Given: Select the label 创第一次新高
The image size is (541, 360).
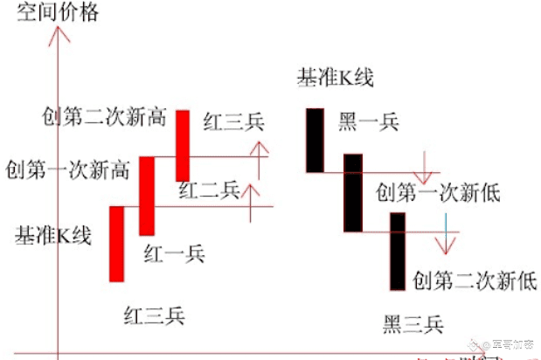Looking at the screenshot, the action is [66, 168].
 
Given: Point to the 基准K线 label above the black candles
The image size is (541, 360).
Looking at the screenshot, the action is [336, 79].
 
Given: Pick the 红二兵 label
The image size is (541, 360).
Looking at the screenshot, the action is [209, 190].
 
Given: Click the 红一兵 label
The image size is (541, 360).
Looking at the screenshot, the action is [174, 253].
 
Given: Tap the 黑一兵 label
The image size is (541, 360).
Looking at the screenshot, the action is [368, 122].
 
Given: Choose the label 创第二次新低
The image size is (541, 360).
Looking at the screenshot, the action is [475, 280].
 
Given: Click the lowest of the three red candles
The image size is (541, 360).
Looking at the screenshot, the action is [116, 243].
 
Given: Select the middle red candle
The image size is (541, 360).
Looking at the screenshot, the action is [147, 196].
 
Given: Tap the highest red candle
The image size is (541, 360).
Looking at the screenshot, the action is [183, 145].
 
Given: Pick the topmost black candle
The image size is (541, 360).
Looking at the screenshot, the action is [315, 140].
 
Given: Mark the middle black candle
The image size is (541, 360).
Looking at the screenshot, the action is [352, 192].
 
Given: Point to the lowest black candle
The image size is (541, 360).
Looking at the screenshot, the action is [398, 251].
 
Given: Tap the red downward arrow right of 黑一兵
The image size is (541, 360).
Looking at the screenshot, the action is [424, 166].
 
